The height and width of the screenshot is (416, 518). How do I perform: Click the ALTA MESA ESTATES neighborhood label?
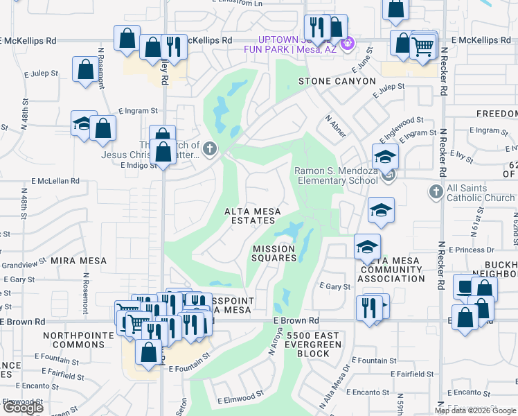tap(249, 216)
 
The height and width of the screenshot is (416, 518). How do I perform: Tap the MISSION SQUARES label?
tap(274, 253)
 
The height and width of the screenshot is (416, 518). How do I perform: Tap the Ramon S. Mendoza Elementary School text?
tap(338, 176)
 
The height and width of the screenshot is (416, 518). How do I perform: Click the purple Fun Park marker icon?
tap(348, 43)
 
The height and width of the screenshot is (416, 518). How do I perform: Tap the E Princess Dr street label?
tap(470, 250)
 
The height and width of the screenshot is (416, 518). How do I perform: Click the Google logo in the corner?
tap(23, 408)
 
